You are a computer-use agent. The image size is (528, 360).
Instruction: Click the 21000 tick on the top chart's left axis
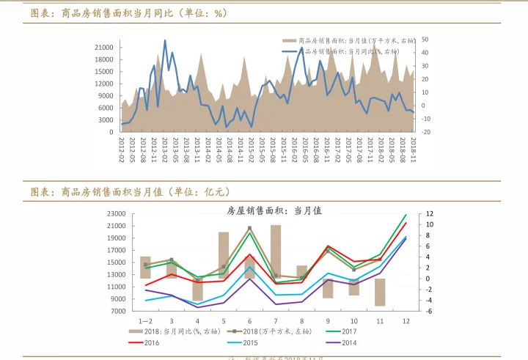(x=103, y=47)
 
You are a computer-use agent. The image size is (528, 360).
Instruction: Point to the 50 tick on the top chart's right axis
(x=425, y=40)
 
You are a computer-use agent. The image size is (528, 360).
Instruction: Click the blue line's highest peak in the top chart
(x=165, y=41)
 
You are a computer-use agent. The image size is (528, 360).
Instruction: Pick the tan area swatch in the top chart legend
(x=287, y=41)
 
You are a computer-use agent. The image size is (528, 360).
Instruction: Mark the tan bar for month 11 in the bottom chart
(x=380, y=292)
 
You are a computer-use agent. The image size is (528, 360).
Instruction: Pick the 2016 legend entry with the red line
(x=151, y=342)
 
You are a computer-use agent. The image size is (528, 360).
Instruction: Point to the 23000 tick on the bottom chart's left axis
(x=116, y=214)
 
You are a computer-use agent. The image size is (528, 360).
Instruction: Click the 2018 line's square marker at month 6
(x=250, y=228)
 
